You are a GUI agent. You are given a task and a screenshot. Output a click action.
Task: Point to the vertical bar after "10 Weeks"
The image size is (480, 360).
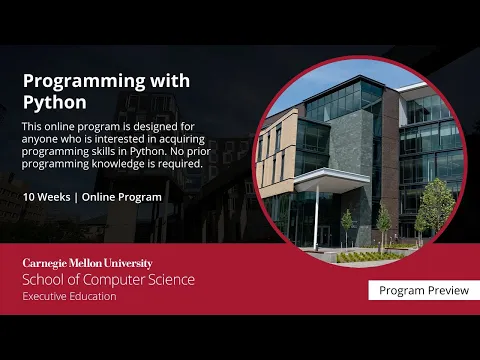point(76,197)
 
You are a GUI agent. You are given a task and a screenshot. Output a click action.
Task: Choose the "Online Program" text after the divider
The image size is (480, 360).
point(121,197)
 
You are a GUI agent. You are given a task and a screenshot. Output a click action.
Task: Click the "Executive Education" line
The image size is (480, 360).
point(69,296)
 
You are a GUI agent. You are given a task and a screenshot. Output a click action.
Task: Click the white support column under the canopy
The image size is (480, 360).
point(317,214)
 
